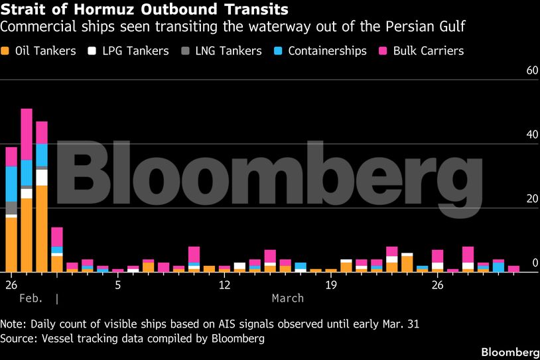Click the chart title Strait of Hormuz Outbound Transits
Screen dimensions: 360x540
click(x=145, y=10)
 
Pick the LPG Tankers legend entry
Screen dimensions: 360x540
click(x=131, y=51)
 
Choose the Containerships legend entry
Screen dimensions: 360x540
click(x=321, y=51)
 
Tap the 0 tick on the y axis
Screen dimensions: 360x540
click(x=535, y=263)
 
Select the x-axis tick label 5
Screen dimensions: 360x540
click(x=117, y=285)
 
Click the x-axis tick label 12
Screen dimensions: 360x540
click(x=224, y=285)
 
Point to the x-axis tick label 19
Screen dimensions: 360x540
click(x=331, y=285)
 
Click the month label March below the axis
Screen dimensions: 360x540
click(x=288, y=298)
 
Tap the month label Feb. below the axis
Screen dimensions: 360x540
click(x=31, y=298)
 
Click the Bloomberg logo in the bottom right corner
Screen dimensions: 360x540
click(x=509, y=351)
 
